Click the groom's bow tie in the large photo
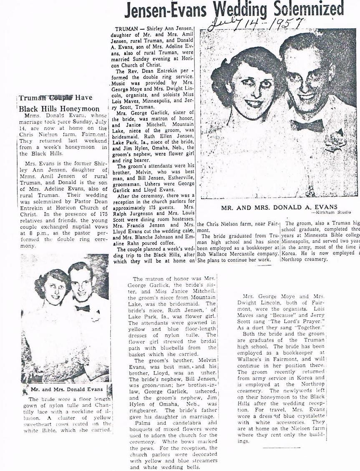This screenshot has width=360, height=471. point(307,125)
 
